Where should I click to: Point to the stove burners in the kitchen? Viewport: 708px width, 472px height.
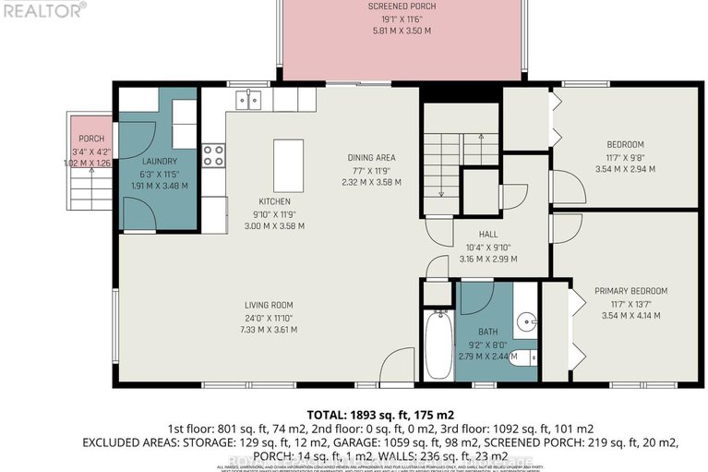pos(214,154)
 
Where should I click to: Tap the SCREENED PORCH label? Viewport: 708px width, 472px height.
pos(402,6)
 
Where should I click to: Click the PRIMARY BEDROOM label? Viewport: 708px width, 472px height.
pos(630,291)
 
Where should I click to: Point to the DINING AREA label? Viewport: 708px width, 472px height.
pos(371,157)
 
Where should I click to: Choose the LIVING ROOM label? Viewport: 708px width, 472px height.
pos(269,306)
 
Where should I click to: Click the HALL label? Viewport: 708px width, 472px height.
pos(488,235)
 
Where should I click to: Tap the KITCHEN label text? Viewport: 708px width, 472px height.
pos(274,201)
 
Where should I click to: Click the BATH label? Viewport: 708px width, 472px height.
pos(487,331)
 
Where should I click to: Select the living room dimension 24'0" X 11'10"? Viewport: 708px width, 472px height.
pos(269,318)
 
